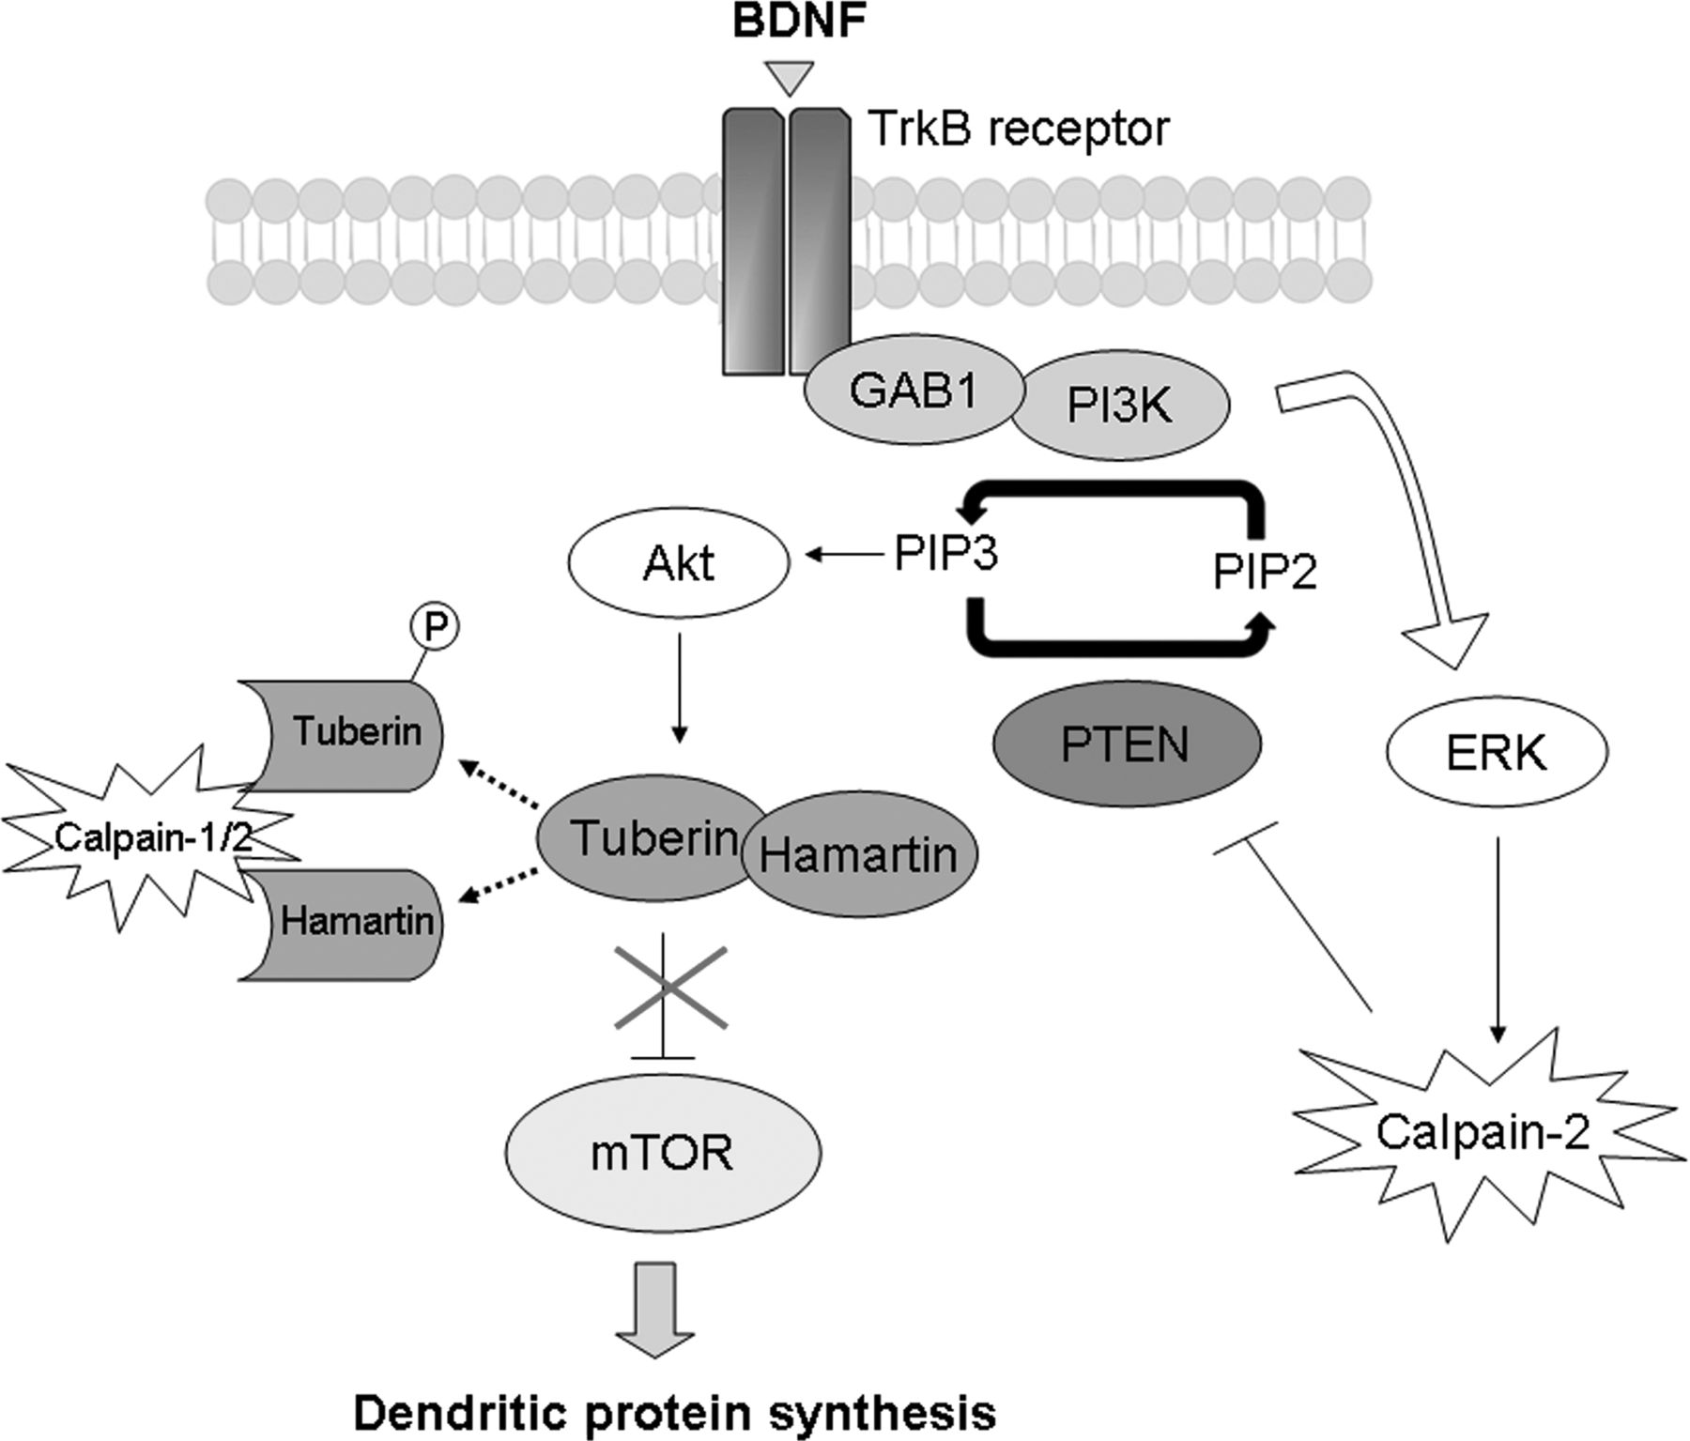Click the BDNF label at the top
(x=799, y=21)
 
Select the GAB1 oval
(x=914, y=392)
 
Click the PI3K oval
(x=1120, y=407)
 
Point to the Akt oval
(x=679, y=563)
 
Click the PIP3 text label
(x=945, y=555)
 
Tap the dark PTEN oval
(x=1125, y=744)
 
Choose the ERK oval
(x=1497, y=753)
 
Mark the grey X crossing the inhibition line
(x=669, y=987)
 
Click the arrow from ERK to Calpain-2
(x=1498, y=939)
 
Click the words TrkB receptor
(x=1020, y=129)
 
